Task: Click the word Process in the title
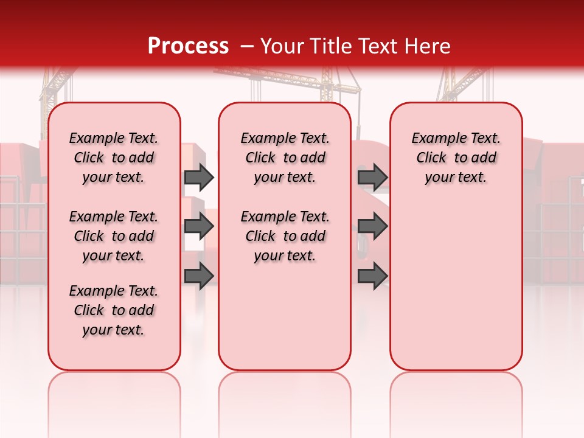[188, 46]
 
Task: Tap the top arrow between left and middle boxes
[199, 177]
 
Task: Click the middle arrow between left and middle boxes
[199, 227]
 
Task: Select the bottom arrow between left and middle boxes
[199, 276]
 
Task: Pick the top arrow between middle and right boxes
[372, 177]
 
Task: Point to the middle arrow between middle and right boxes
[372, 227]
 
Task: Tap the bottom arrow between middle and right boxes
[372, 276]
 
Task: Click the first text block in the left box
[114, 158]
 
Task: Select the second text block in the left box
[114, 236]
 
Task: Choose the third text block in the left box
[114, 310]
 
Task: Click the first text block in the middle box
[285, 158]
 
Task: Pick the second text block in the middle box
[285, 236]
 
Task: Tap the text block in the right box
[456, 158]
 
